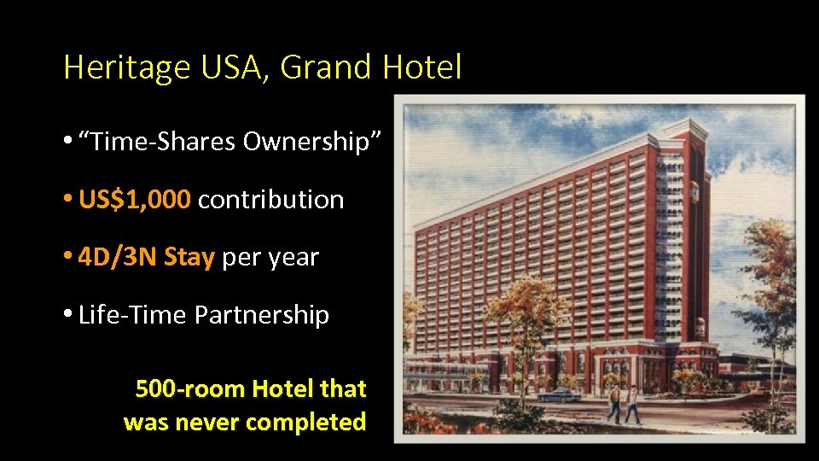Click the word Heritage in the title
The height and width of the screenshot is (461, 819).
click(126, 67)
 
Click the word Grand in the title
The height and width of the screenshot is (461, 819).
click(326, 67)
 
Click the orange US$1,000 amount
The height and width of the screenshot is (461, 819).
click(135, 200)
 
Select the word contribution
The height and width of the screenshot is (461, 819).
click(270, 200)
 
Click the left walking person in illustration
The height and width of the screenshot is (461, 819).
click(614, 403)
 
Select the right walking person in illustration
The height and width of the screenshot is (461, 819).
click(632, 404)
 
